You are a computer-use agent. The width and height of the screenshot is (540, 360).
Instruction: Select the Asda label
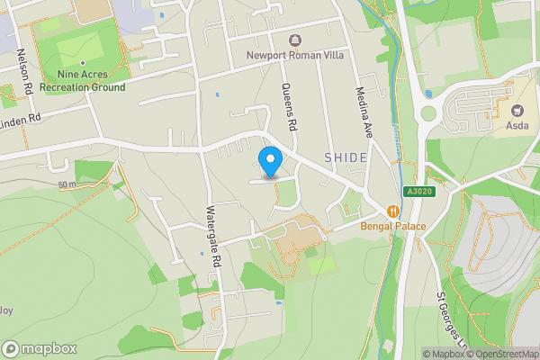518,124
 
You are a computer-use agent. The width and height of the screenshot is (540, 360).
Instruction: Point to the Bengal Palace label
393,225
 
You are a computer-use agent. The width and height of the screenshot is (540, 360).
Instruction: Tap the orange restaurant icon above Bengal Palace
393,210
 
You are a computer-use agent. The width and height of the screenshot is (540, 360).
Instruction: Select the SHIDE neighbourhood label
346,158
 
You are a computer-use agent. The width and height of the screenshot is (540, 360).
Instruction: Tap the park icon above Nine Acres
83,63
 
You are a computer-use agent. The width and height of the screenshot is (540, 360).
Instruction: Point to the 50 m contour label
67,184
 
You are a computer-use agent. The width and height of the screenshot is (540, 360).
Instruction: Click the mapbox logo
40,348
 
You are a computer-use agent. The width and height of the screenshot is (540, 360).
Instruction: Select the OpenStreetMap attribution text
500,354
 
